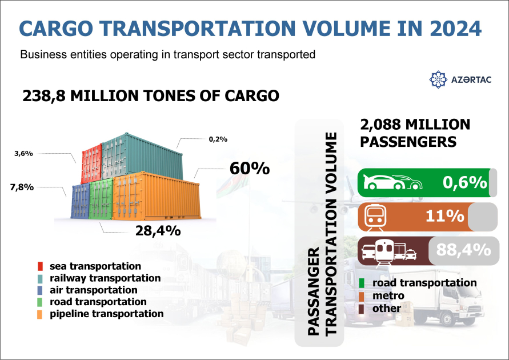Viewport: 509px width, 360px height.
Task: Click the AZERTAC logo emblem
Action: point(438,79)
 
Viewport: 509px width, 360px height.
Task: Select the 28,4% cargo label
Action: point(158,231)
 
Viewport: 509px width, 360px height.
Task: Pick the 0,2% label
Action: point(218,139)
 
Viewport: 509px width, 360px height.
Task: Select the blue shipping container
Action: point(81,201)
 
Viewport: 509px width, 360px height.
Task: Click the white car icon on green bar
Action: point(392,182)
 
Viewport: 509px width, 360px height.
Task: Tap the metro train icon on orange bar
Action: point(375,216)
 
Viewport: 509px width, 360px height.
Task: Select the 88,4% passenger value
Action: point(463,250)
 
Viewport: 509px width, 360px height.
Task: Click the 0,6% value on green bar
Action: point(464,182)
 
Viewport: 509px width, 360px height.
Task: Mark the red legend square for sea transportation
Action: point(40,267)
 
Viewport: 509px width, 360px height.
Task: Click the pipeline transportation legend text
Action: point(106,314)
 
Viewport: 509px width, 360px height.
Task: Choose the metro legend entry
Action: point(388,295)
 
